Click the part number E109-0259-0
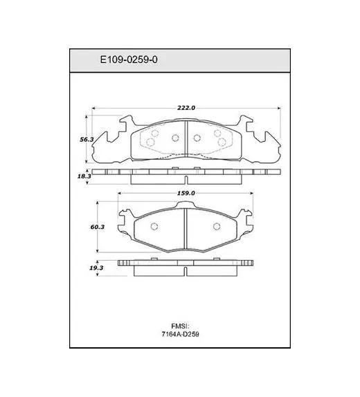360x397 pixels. [129, 59]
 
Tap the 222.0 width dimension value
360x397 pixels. [186, 108]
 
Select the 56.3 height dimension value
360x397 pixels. [87, 139]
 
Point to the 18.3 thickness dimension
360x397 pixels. [84, 176]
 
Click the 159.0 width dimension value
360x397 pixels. [186, 193]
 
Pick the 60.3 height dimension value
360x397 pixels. [98, 227]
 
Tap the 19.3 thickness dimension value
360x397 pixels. [96, 268]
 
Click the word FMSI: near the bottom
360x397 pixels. [181, 326]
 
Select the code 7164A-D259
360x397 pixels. [180, 334]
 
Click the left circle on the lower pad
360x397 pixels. [154, 226]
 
